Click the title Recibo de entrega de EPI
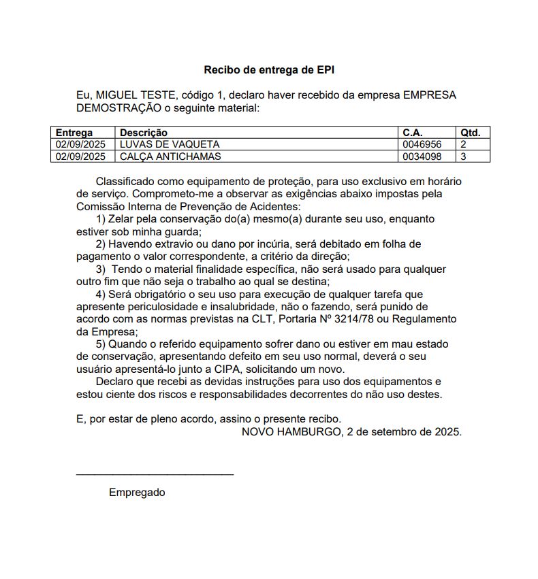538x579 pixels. [269, 70]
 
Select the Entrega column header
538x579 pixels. [74, 133]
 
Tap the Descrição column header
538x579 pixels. [144, 133]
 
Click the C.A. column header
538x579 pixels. [413, 133]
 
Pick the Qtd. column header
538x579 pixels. [470, 133]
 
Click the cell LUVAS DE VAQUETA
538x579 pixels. [170, 144]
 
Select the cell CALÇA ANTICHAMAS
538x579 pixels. [170, 156]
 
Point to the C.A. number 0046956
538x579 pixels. [422, 144]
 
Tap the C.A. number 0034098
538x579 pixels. [422, 156]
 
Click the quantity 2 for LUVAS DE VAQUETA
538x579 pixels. [464, 144]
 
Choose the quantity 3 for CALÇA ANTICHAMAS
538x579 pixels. [464, 156]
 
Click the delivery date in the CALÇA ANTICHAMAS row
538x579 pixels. [80, 156]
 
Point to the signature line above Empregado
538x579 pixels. [155, 474]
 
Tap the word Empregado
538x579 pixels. [137, 493]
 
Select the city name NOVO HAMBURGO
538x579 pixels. [290, 431]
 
